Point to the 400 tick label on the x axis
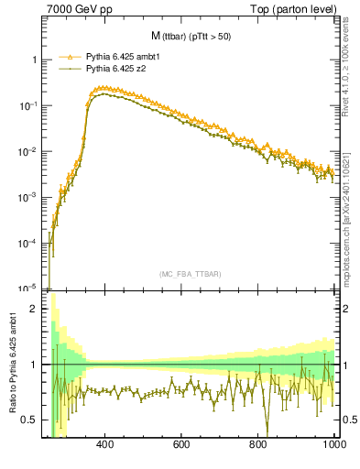click(104, 444)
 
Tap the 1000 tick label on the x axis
click(333, 444)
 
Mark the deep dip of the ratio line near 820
click(267, 431)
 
